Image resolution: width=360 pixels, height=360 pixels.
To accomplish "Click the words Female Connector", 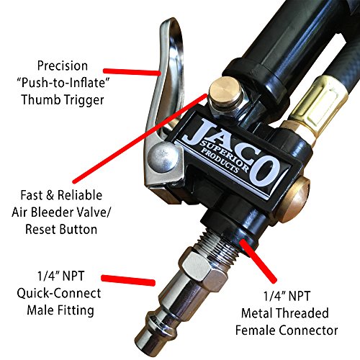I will click(291, 330).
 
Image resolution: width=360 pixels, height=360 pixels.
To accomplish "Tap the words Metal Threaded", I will click(291, 312).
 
